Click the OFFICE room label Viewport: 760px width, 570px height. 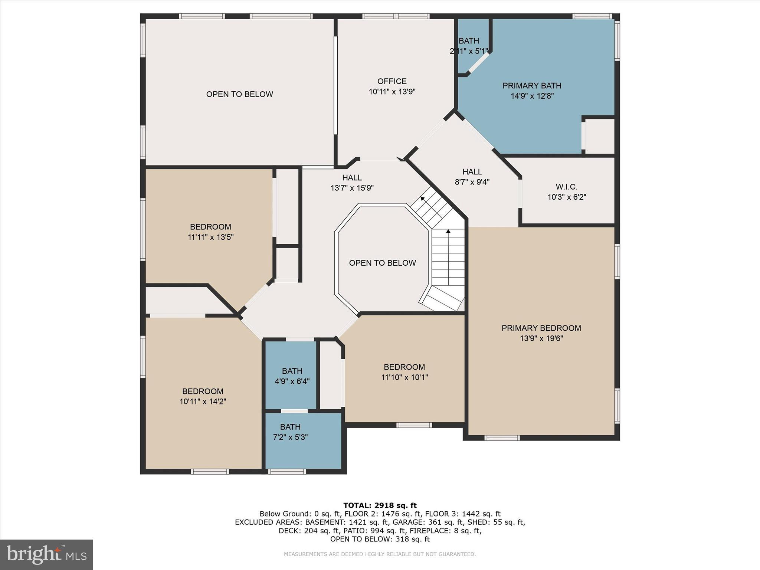(392, 81)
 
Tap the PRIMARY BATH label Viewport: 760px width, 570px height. (532, 86)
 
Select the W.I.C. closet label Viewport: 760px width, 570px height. (566, 187)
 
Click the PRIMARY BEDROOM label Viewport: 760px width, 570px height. (541, 328)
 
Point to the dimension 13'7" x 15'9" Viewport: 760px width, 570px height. (352, 188)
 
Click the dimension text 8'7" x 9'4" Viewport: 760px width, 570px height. (472, 182)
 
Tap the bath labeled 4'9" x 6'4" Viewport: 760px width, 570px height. (292, 376)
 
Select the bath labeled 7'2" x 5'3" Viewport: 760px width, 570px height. (290, 432)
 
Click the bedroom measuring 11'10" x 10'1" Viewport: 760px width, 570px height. (404, 372)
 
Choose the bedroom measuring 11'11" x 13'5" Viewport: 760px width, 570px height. (210, 232)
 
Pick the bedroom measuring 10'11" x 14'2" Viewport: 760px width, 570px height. (203, 396)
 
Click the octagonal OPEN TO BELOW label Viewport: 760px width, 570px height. (382, 263)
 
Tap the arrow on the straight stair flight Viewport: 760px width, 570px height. (448, 232)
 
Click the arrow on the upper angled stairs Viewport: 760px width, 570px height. (423, 199)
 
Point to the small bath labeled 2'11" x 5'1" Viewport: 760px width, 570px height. (469, 46)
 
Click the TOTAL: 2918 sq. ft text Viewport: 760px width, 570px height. (380, 505)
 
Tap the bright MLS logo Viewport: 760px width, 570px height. (46, 554)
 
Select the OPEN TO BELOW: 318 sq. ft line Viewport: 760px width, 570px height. (380, 539)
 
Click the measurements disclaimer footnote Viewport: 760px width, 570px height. (380, 554)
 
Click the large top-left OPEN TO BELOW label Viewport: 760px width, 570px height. (239, 94)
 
